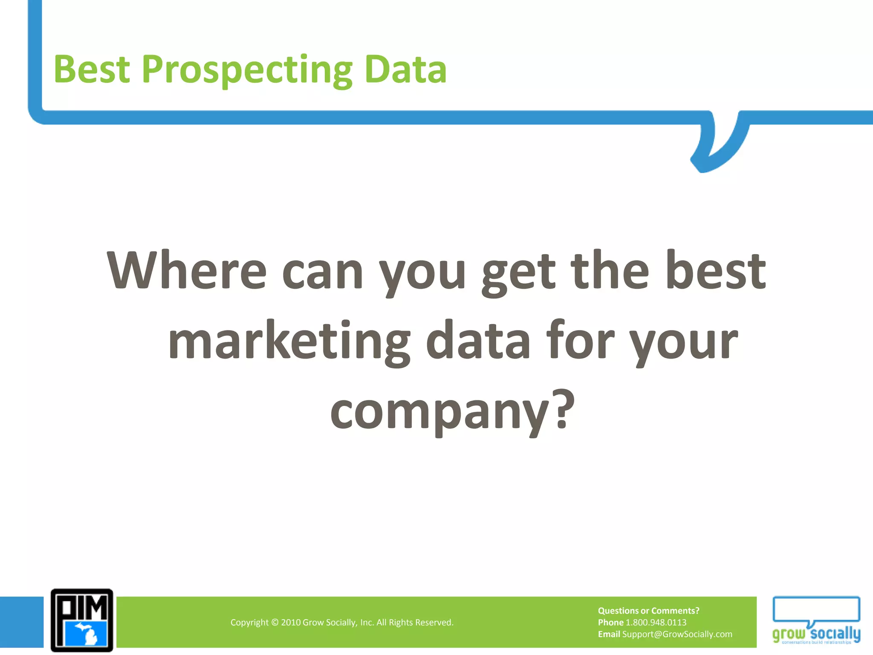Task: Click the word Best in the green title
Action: [x=92, y=70]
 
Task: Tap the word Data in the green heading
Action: [x=405, y=70]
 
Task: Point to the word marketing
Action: [x=289, y=342]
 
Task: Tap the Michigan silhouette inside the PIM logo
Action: [x=88, y=634]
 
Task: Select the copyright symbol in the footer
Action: [x=275, y=623]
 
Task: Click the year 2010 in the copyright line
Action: [x=291, y=623]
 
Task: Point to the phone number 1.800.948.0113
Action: [x=656, y=623]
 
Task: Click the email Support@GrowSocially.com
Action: [x=677, y=634]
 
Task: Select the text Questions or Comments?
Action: [x=648, y=611]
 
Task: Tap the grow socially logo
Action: [x=816, y=620]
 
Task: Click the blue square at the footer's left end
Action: [x=21, y=622]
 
